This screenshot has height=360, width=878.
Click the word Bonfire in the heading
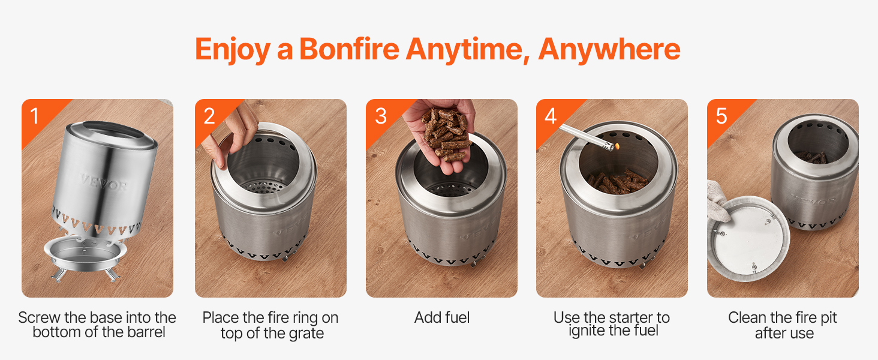(x=349, y=49)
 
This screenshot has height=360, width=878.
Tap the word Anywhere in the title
(x=609, y=49)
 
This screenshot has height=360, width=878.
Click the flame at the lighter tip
(x=617, y=146)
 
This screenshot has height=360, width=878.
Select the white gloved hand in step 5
(x=717, y=200)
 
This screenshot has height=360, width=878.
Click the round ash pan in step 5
(x=748, y=238)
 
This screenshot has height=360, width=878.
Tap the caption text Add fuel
(x=442, y=317)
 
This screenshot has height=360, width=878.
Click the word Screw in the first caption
(x=39, y=317)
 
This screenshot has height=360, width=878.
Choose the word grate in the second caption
(x=306, y=334)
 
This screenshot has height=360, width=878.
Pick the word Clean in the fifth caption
(x=747, y=317)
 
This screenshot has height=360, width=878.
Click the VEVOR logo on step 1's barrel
(x=104, y=183)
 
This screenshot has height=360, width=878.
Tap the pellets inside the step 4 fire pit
(x=617, y=182)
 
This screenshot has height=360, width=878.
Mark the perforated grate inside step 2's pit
(x=263, y=186)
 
